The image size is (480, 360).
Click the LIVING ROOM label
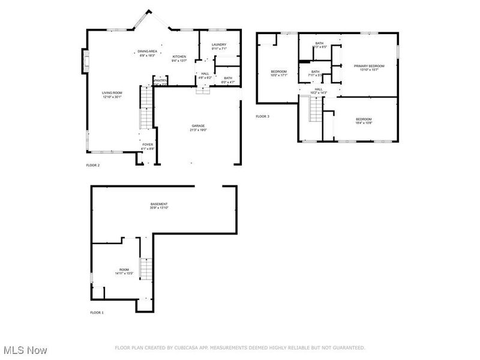point(112,92)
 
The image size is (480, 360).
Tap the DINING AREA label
point(148,52)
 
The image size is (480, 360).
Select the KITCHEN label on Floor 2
point(179,56)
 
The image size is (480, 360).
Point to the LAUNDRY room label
point(218,44)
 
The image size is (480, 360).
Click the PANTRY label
point(160,80)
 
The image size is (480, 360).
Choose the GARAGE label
point(198,125)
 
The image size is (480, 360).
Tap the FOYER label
point(148,145)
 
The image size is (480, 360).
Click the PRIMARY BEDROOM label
point(369,66)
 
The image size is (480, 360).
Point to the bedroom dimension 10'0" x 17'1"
point(279,76)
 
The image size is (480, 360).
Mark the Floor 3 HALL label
point(318,89)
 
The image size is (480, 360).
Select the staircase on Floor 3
point(314,110)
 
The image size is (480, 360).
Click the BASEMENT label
point(159,204)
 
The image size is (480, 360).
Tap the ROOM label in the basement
point(124,269)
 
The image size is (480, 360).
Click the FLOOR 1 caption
point(97,313)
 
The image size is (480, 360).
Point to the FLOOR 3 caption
point(262,116)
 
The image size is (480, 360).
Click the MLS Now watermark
point(25,349)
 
